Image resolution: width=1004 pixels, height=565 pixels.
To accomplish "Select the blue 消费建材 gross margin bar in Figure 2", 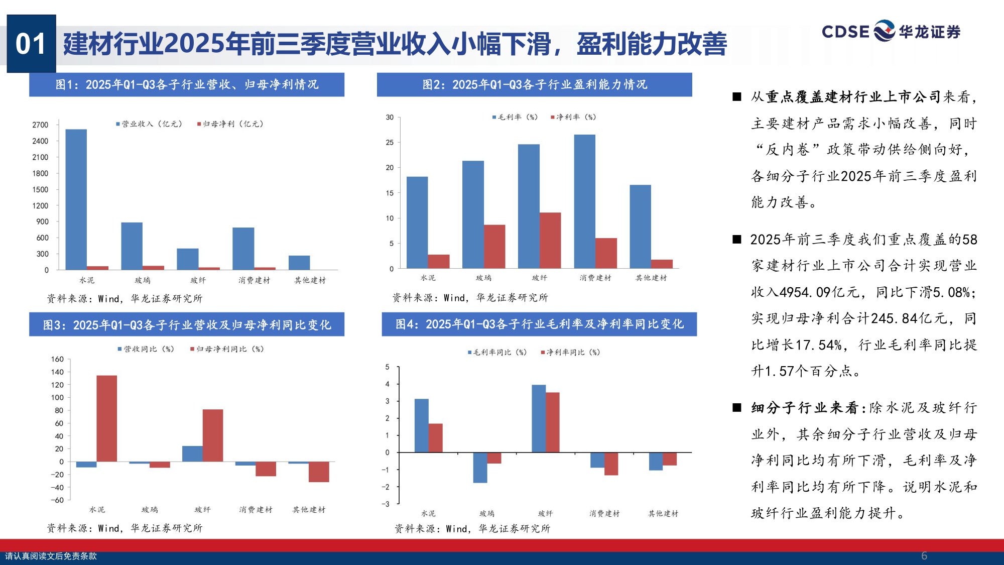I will (584, 201).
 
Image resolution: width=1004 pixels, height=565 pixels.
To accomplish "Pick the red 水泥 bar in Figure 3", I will (106, 418).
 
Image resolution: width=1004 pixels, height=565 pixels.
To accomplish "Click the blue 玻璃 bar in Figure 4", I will (480, 468).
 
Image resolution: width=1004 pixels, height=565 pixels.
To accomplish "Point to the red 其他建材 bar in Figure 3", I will (319, 472).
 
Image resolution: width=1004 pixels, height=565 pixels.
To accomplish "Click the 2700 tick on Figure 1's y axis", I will (40, 125).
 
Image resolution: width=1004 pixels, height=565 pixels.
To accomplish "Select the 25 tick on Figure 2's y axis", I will (390, 143).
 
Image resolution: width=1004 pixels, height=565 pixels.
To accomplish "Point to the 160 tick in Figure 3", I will (57, 359).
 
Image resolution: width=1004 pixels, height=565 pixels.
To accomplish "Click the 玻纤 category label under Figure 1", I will (198, 280).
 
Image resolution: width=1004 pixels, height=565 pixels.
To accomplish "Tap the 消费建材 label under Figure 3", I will (256, 510).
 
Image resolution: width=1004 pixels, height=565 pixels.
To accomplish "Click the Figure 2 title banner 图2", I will (534, 84).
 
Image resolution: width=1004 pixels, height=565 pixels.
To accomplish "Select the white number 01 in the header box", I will (31, 44).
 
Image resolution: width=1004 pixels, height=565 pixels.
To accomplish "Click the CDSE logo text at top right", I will (845, 32).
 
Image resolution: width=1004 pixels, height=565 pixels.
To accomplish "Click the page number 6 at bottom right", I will (924, 556).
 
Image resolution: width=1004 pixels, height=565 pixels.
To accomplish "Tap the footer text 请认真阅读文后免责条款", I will (51, 556).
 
